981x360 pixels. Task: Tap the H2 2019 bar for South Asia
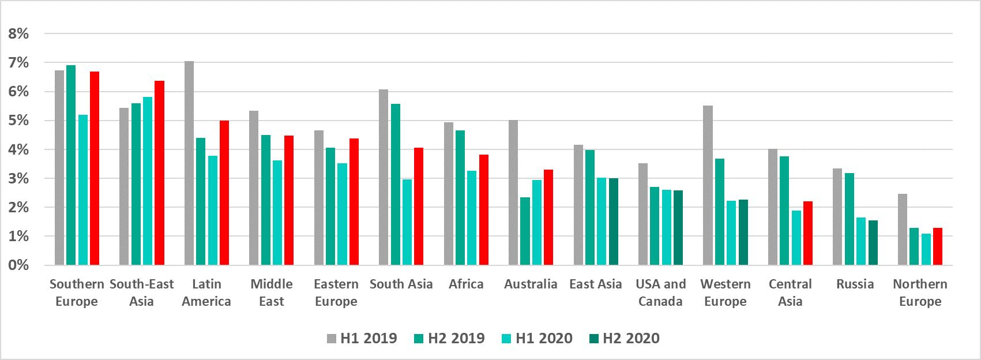(x=395, y=185)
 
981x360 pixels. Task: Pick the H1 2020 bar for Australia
(x=537, y=223)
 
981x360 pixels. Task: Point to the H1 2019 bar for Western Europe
(x=708, y=185)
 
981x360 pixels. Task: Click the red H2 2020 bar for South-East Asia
(x=159, y=173)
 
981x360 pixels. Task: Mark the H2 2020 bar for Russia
(x=873, y=243)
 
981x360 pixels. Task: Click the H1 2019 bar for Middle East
(x=254, y=188)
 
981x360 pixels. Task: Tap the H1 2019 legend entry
(x=362, y=339)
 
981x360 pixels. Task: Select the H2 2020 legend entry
(x=624, y=339)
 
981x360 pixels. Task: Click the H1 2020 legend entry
(x=537, y=339)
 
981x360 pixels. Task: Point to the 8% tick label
(x=18, y=34)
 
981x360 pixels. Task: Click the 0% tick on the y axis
(x=18, y=265)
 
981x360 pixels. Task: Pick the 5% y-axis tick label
(x=18, y=121)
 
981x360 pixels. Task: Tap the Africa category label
(x=466, y=284)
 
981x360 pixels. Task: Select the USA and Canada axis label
(x=661, y=292)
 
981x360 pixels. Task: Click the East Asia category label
(x=595, y=284)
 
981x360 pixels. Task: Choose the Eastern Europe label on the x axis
(x=336, y=292)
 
